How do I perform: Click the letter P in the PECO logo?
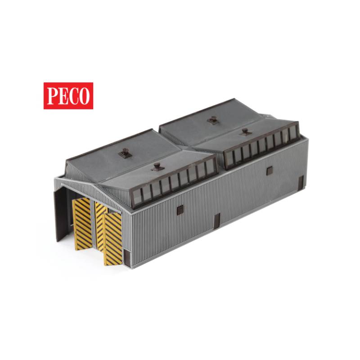tap(53, 96)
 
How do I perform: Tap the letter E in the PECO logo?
tap(63, 96)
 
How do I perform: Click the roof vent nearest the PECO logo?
tap(125, 153)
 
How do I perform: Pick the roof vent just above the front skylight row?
tap(157, 166)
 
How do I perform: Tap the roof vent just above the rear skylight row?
tap(245, 132)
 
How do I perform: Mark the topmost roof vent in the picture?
tap(213, 120)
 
